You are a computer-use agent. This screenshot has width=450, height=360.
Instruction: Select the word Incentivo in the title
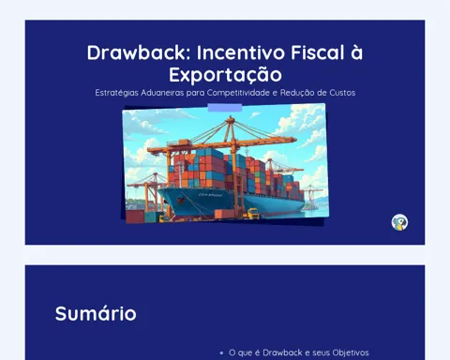pyautogui.click(x=241, y=52)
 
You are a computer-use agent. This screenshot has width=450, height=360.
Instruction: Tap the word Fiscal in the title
pyautogui.click(x=317, y=52)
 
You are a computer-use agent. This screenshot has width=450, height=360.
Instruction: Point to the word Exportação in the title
pyautogui.click(x=225, y=75)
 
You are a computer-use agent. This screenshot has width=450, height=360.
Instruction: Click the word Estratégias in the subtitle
pyautogui.click(x=116, y=93)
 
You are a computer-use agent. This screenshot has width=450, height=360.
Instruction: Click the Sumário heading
pyautogui.click(x=96, y=313)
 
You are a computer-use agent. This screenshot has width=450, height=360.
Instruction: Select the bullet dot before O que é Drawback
pyautogui.click(x=221, y=353)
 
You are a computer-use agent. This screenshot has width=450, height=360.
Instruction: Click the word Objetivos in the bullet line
pyautogui.click(x=351, y=352)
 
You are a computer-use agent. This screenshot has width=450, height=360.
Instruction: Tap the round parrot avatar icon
pyautogui.click(x=399, y=222)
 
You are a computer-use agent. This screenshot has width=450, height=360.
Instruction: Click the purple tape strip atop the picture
pyautogui.click(x=225, y=108)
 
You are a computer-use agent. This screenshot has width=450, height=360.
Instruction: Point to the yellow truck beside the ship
pyautogui.click(x=253, y=214)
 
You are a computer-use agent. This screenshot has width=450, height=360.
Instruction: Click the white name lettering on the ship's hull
pyautogui.click(x=211, y=195)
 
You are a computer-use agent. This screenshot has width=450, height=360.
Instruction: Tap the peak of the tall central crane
pyautogui.click(x=231, y=117)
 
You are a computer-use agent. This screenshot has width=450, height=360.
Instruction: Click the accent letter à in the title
pyautogui.click(x=356, y=52)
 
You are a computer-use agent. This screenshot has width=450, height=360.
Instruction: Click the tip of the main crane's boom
pyautogui.click(x=295, y=139)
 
